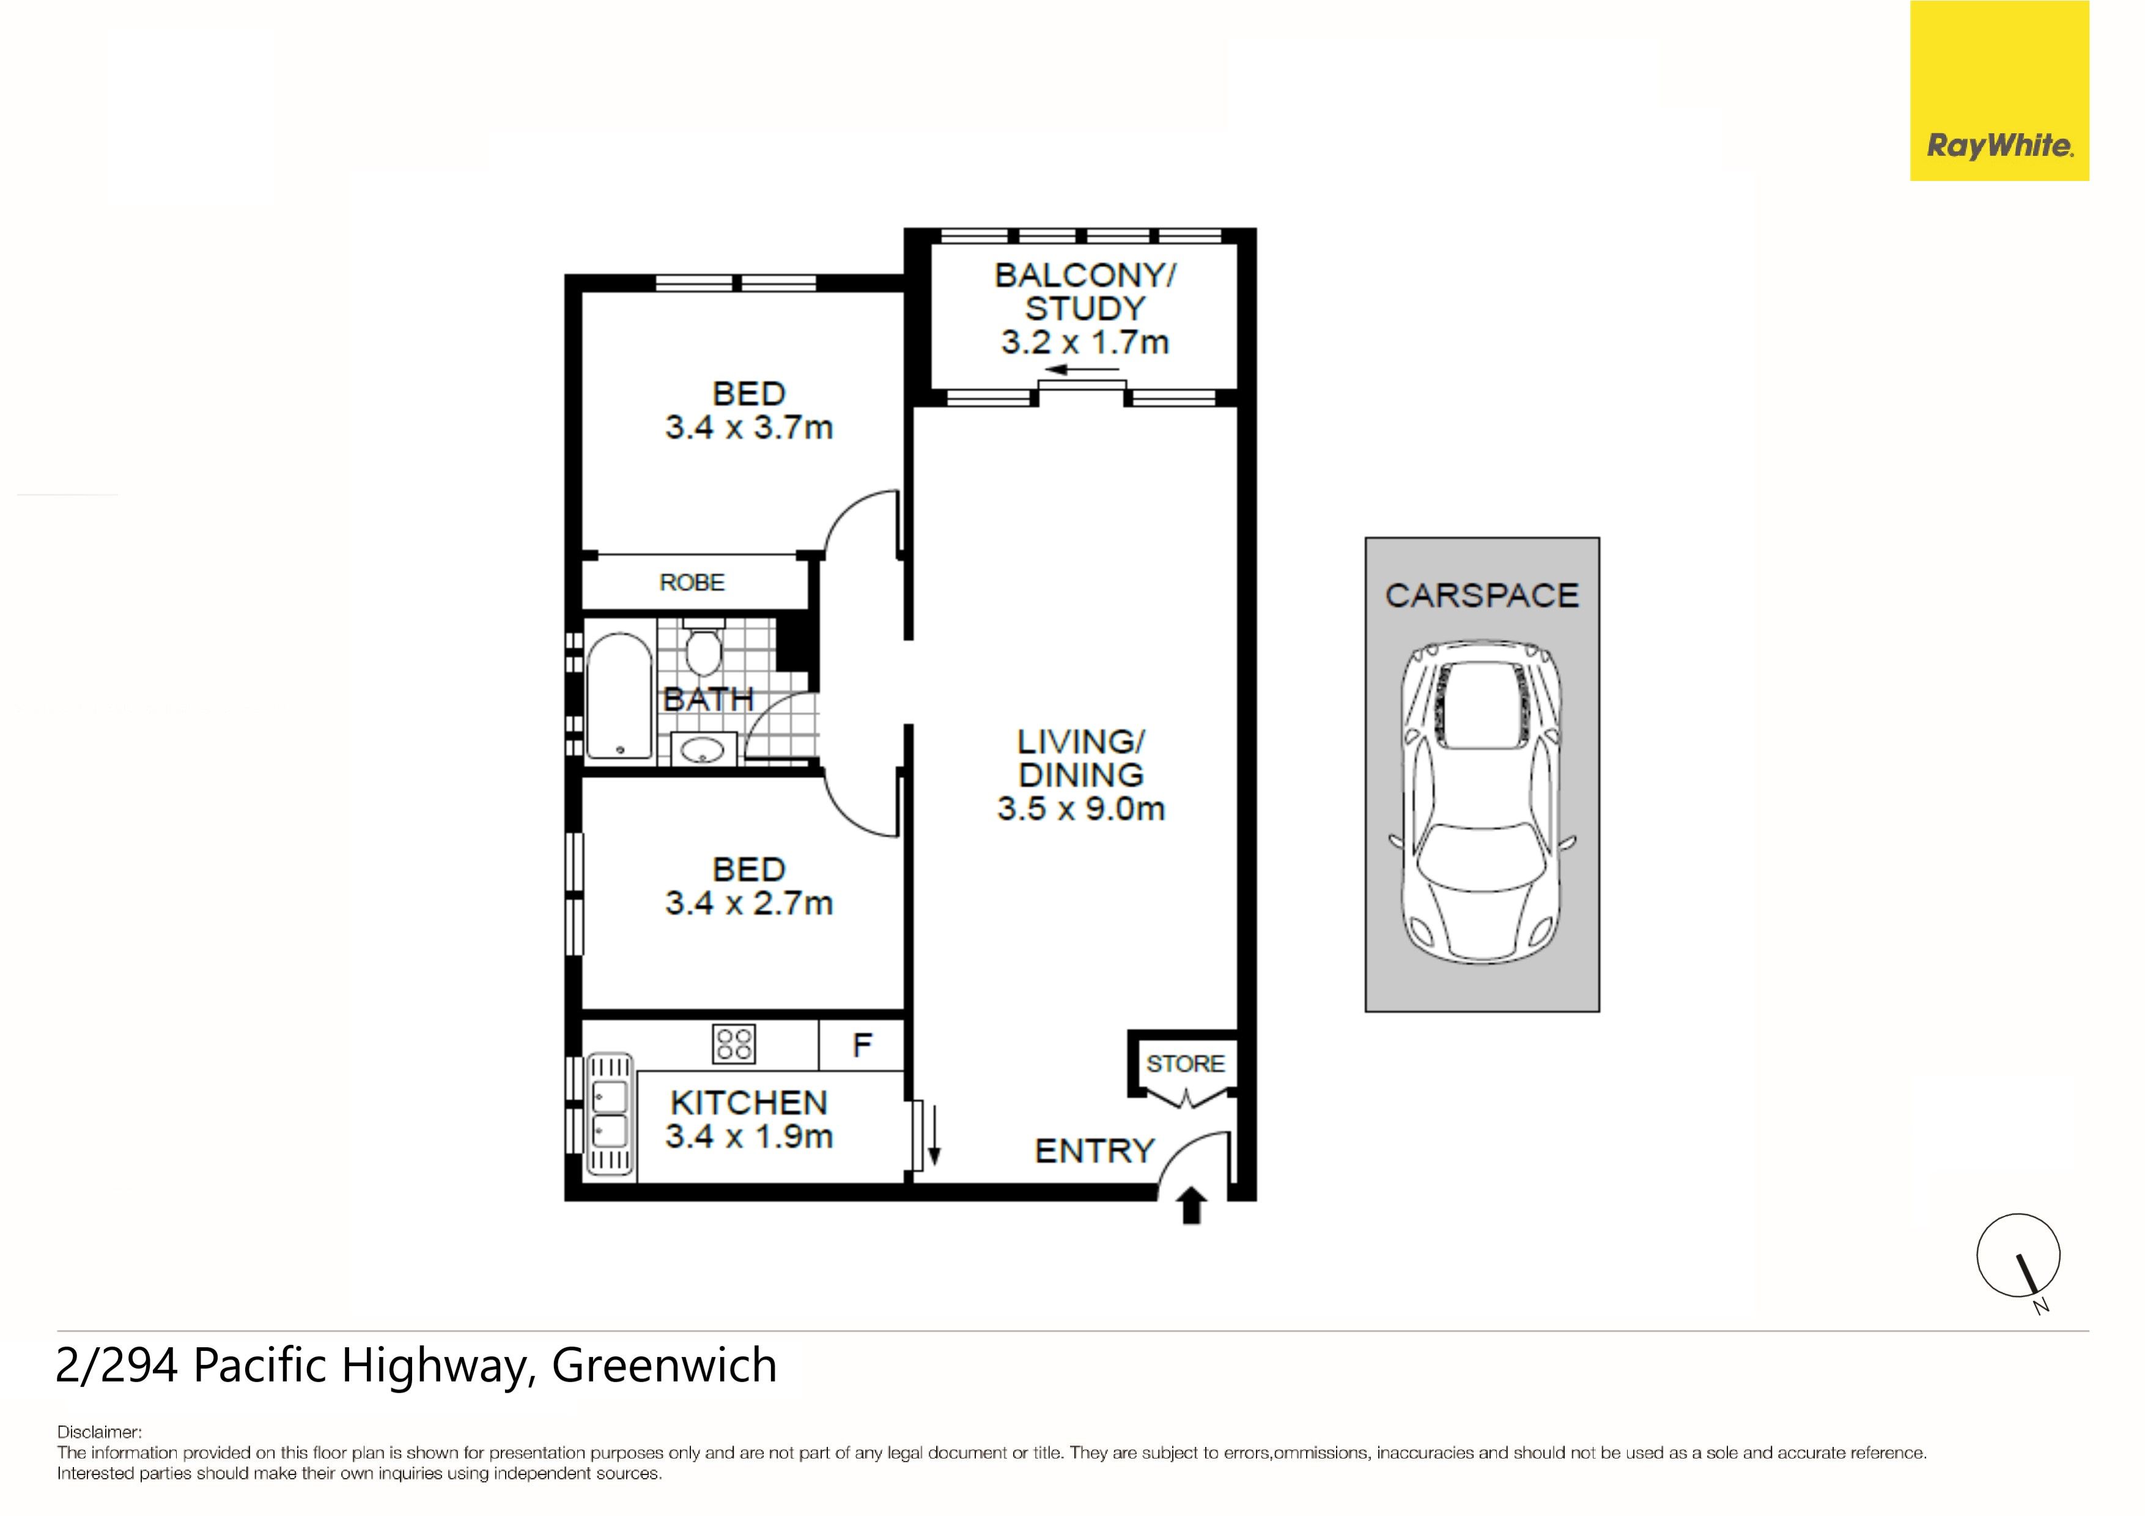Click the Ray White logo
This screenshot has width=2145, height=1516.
[1999, 90]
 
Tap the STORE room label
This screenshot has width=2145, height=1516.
[1184, 1063]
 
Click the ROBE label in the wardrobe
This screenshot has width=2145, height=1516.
[692, 582]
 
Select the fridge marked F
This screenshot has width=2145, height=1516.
[862, 1044]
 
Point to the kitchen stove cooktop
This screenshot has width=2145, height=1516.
[733, 1044]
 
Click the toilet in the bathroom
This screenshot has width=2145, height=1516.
[703, 646]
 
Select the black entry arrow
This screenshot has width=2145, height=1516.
[1191, 1204]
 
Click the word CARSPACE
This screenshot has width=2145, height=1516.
[1482, 595]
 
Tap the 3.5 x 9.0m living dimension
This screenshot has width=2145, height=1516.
[1081, 808]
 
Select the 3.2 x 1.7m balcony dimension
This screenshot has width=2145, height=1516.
[1085, 342]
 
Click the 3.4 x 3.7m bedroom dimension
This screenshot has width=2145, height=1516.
[748, 427]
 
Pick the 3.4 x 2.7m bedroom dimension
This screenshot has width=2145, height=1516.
[748, 902]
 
